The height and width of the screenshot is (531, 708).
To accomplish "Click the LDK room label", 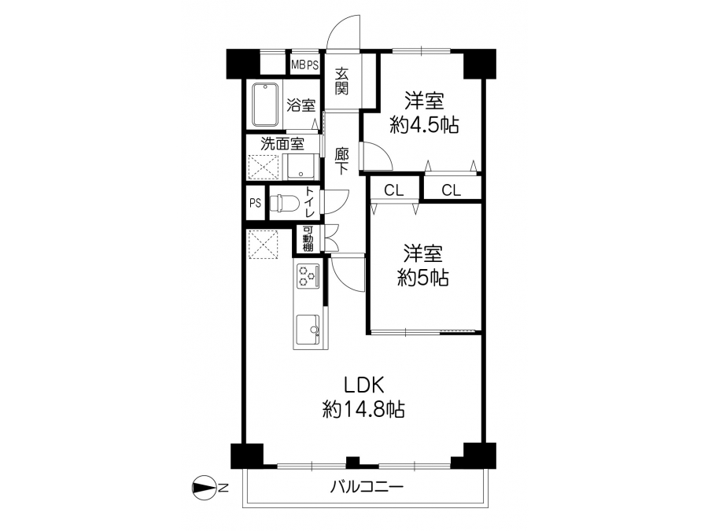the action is point(364,385).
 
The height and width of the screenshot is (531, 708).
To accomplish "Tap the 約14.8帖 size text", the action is point(363,410).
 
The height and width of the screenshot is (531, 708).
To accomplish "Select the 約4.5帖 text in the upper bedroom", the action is point(424,125).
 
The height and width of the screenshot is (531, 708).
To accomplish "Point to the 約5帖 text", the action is point(423,278).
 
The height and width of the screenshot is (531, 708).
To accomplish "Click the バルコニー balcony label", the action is point(366,487).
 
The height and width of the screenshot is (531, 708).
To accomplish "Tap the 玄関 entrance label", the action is point(342,81).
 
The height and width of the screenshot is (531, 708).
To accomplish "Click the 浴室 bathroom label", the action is point(301,105).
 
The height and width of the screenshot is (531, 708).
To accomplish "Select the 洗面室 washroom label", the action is point(282,144).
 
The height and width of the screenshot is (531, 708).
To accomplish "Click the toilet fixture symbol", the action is point(285,203).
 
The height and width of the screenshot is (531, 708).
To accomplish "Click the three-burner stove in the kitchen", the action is point(308,276).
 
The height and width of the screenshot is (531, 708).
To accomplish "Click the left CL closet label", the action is point(394,190).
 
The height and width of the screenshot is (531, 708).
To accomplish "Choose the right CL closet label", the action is point(451,190).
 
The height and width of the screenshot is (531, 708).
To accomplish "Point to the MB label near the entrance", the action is point(298,65).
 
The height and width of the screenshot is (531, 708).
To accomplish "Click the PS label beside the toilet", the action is point(255,203).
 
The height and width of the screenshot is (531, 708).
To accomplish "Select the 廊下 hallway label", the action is point(342,161).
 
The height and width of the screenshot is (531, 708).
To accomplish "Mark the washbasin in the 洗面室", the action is point(301,167).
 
